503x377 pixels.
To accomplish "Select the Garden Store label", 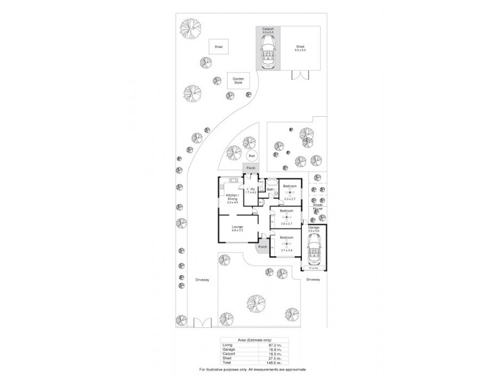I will pyautogui.click(x=238, y=80).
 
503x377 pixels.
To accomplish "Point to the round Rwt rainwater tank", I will pyautogui.click(x=251, y=156).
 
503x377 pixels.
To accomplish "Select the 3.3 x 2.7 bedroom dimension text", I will pyautogui.click(x=289, y=199).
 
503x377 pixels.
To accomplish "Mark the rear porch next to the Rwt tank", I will pyautogui.click(x=251, y=168).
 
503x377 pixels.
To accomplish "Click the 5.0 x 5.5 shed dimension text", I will pyautogui.click(x=301, y=50).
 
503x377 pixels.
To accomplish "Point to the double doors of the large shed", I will pyautogui.click(x=300, y=77).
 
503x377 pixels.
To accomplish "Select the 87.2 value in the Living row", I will pyautogui.click(x=272, y=345).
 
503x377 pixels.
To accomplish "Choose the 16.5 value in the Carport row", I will pyautogui.click(x=272, y=354).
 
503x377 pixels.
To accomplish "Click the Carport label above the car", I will pyautogui.click(x=268, y=28).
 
